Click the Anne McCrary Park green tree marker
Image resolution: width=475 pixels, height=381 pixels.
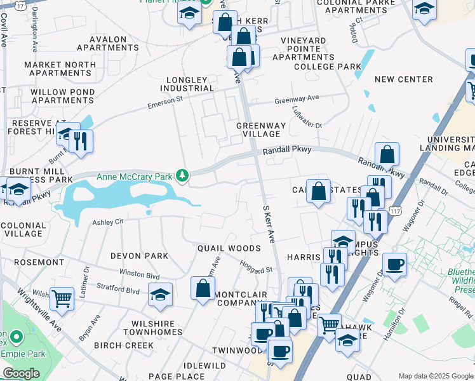183,176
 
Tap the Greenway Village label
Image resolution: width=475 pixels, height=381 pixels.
261,130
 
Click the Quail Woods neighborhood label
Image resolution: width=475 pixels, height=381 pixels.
229,248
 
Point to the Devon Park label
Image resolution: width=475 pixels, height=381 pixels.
139,256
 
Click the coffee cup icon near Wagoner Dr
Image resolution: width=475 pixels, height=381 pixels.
394,264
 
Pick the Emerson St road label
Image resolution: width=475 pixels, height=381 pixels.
165,102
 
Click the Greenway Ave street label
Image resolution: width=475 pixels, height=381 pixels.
297,99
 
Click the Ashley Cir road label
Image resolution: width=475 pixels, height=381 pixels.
107,222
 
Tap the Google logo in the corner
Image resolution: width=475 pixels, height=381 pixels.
21,373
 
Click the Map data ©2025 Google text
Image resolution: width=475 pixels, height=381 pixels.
436,376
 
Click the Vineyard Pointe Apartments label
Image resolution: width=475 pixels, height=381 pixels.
304,49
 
